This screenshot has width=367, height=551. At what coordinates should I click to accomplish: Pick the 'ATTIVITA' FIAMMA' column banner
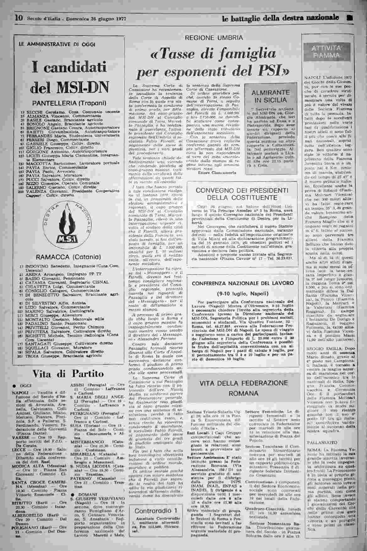327,52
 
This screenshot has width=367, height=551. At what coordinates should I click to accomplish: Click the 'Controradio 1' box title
156,510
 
